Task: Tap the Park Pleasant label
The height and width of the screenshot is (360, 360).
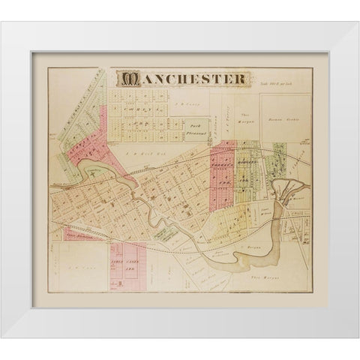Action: pyautogui.click(x=197, y=127)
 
